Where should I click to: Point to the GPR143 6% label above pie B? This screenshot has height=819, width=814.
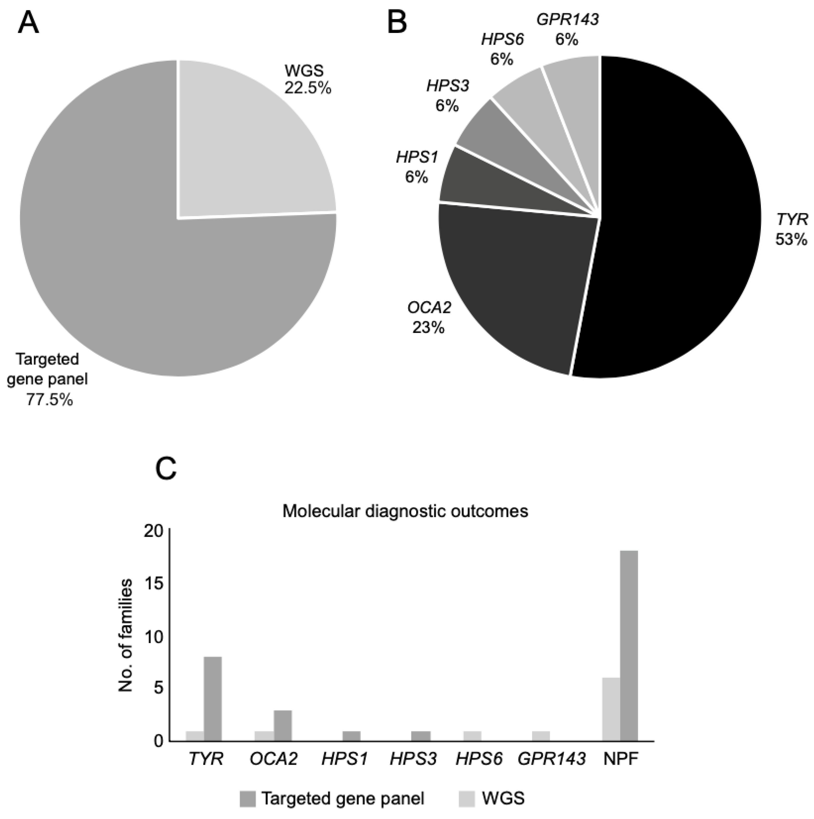coord(567,30)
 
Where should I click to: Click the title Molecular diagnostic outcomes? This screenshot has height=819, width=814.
coord(405,511)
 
